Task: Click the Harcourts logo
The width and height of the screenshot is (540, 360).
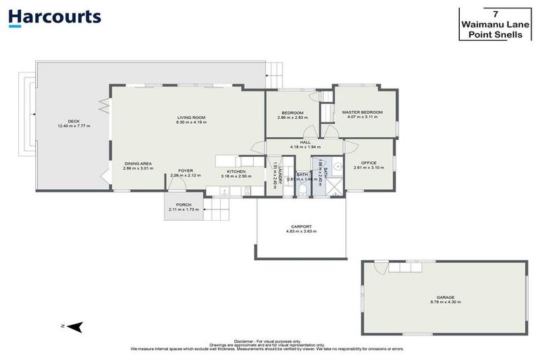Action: tap(55, 18)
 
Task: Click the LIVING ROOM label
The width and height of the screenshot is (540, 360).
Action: tap(191, 117)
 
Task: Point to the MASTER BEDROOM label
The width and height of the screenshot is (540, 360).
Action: tap(362, 112)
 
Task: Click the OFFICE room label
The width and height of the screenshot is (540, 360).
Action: tap(369, 162)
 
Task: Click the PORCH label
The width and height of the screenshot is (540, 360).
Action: tap(184, 205)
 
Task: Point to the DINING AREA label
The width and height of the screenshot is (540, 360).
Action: tap(138, 163)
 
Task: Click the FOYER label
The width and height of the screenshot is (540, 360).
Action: tap(186, 170)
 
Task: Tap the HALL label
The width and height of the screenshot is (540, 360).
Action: tap(305, 142)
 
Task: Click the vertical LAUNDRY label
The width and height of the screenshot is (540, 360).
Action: tap(280, 173)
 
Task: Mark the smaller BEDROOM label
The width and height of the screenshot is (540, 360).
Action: tap(292, 112)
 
